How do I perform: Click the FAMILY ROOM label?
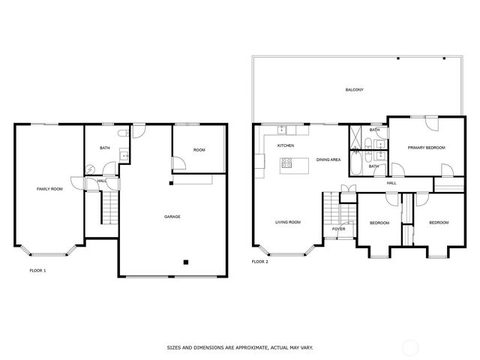(x=49, y=189)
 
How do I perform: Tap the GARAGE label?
(x=172, y=217)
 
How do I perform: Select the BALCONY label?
(x=354, y=90)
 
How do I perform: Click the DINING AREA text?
(x=328, y=160)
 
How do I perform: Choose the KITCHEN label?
(x=286, y=145)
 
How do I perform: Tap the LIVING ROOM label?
(x=287, y=222)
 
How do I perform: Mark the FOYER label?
(x=338, y=229)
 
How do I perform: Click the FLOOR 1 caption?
(x=37, y=269)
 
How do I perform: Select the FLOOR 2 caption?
(x=260, y=262)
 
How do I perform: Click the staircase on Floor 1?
(x=109, y=207)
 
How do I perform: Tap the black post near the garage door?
(x=185, y=262)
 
